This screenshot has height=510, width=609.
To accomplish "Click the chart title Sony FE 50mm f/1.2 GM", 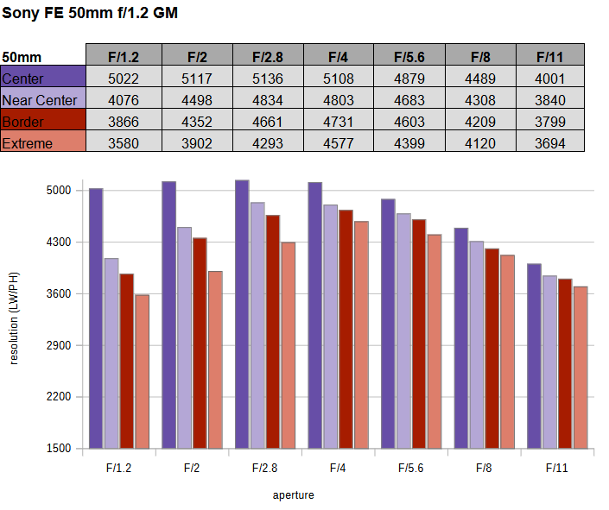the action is click(x=90, y=13).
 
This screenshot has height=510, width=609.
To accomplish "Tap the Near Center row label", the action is click(x=40, y=100).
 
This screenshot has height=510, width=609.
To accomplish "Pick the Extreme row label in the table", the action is click(x=27, y=143).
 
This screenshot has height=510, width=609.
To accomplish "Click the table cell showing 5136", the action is click(x=268, y=79).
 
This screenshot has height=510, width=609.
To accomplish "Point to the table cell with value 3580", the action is click(x=124, y=143).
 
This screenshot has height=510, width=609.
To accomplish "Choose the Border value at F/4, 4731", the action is click(x=339, y=122).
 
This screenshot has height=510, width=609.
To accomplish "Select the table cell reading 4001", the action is click(x=550, y=79).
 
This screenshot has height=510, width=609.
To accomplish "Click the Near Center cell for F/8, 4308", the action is click(x=480, y=100).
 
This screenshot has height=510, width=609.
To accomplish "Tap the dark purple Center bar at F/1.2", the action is click(x=96, y=318).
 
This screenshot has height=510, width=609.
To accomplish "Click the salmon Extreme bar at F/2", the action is click(x=215, y=360).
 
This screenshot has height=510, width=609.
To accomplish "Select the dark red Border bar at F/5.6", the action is click(x=419, y=334).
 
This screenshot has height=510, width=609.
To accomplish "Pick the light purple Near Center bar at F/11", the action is click(x=549, y=362).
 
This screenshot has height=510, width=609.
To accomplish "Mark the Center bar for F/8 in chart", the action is click(x=461, y=338).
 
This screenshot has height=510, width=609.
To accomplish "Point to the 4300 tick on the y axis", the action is click(x=59, y=242).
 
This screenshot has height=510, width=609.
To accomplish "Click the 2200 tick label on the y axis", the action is click(x=59, y=397).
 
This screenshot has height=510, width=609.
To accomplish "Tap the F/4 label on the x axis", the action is click(x=338, y=468).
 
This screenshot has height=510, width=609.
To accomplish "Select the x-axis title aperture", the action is click(x=293, y=495).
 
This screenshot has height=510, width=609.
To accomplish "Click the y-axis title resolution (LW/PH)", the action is click(x=14, y=318).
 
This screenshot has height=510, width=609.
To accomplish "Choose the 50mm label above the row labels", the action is click(x=22, y=57).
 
